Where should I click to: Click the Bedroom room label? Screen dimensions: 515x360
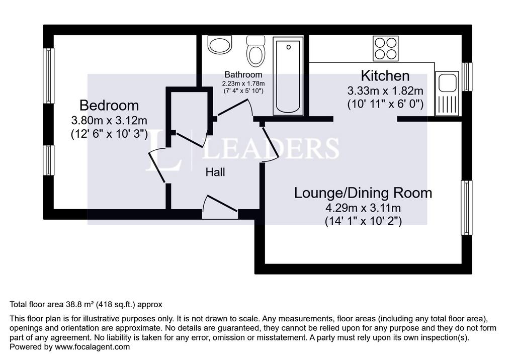[x=109, y=106]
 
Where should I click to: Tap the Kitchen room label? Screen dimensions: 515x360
[x=385, y=75]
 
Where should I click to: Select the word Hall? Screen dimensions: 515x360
[x=215, y=172]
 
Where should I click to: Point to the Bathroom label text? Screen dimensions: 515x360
[x=243, y=74]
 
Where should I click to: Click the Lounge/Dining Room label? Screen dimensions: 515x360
[x=363, y=193]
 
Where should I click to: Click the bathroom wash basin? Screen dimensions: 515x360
[x=220, y=45]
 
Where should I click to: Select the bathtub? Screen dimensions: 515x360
[x=288, y=76]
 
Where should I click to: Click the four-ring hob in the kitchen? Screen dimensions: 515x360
[x=385, y=48]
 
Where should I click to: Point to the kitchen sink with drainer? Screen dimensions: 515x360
[x=447, y=94]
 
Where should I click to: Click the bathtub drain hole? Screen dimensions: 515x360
[x=288, y=47]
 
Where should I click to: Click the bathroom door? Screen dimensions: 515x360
[x=234, y=108]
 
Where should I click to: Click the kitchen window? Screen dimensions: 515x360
[x=467, y=76]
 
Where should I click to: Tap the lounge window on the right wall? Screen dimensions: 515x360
[x=466, y=208]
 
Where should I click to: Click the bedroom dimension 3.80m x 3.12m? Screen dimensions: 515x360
[x=109, y=121]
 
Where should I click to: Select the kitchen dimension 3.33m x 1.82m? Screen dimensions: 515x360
[x=385, y=91]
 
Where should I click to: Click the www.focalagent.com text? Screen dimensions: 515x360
[x=93, y=347]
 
